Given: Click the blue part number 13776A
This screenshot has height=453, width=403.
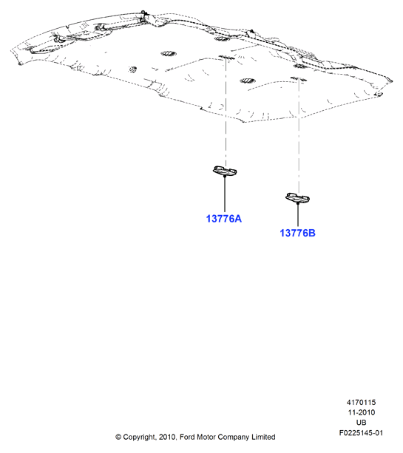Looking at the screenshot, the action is click(x=224, y=219).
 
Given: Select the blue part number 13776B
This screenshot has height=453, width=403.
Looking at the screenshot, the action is click(x=297, y=233).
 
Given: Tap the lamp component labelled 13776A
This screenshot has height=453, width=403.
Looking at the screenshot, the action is click(x=225, y=171).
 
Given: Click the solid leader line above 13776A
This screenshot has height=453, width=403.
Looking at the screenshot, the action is click(x=225, y=194).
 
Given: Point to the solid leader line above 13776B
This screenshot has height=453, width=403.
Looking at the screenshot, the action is click(x=298, y=214).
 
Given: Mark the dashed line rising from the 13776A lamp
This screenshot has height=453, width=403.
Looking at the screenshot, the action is click(x=226, y=112).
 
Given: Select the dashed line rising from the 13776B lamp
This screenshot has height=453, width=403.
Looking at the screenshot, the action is click(x=299, y=137).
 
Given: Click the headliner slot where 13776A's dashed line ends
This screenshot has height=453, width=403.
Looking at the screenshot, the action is click(x=226, y=57).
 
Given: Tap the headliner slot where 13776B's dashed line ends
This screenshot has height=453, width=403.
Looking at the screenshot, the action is click(x=299, y=78).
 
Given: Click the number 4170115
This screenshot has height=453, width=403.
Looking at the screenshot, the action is click(x=361, y=402).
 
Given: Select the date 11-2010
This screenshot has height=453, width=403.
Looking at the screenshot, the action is click(x=361, y=412).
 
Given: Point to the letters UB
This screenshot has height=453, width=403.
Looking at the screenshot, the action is click(x=361, y=423).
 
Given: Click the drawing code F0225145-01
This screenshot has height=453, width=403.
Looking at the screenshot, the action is click(x=361, y=433).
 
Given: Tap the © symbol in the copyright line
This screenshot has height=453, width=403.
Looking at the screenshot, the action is click(x=118, y=437).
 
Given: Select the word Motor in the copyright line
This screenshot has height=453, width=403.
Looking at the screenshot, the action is click(x=206, y=437).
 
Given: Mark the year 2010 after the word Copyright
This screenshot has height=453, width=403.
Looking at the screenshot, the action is click(x=167, y=437).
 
